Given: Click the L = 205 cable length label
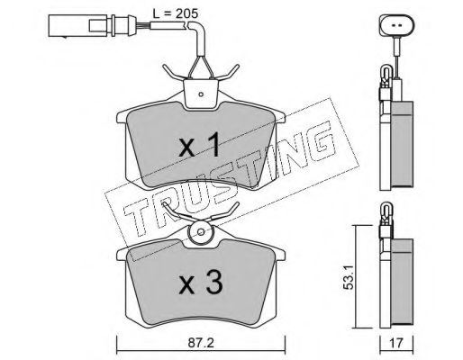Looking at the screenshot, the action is tap(175, 13).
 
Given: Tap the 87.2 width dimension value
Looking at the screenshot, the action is tap(201, 343).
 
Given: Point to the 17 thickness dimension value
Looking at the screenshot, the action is tap(396, 343).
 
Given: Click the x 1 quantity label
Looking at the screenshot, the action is tap(199, 146).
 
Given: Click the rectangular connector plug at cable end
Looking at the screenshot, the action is tap(77, 25).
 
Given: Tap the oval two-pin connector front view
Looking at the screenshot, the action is tap(397, 25).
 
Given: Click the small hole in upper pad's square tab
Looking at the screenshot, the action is tap(201, 94).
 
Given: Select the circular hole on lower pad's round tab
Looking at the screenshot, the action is tap(201, 232).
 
